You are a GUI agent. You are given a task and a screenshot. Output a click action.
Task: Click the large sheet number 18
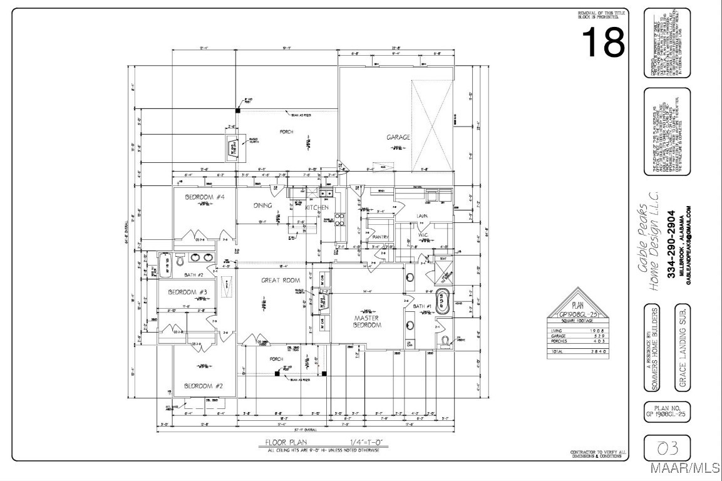click(x=603, y=43)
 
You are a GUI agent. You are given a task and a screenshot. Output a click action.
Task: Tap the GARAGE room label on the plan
click(x=398, y=137)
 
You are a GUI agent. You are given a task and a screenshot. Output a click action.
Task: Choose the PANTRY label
click(x=381, y=237)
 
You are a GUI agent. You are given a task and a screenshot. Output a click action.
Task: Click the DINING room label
click(x=262, y=205)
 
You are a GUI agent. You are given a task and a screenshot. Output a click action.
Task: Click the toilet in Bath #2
click(x=180, y=260)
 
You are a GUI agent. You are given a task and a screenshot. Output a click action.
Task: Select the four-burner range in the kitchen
click(x=339, y=219)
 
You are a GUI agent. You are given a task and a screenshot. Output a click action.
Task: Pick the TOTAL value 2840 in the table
click(x=595, y=352)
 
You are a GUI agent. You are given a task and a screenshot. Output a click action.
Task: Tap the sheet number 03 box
click(x=667, y=448)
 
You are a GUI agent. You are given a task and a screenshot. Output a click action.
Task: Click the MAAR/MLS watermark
click(x=686, y=468)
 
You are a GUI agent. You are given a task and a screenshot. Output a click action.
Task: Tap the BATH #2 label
click(x=193, y=274)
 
